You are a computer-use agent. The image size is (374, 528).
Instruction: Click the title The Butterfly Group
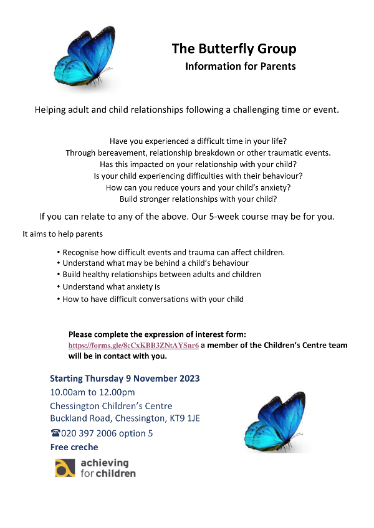click(234, 49)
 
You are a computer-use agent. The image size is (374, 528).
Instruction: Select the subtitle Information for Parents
click(240, 66)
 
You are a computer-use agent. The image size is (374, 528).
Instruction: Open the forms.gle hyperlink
click(133, 345)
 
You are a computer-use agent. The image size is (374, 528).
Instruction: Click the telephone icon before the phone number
click(55, 433)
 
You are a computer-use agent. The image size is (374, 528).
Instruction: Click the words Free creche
click(74, 447)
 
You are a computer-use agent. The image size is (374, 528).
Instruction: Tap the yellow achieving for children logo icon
click(65, 468)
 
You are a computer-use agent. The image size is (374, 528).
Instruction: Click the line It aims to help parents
click(62, 235)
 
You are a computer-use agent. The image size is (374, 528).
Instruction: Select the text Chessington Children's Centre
click(111, 406)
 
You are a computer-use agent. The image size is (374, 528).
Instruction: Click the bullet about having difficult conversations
click(153, 299)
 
